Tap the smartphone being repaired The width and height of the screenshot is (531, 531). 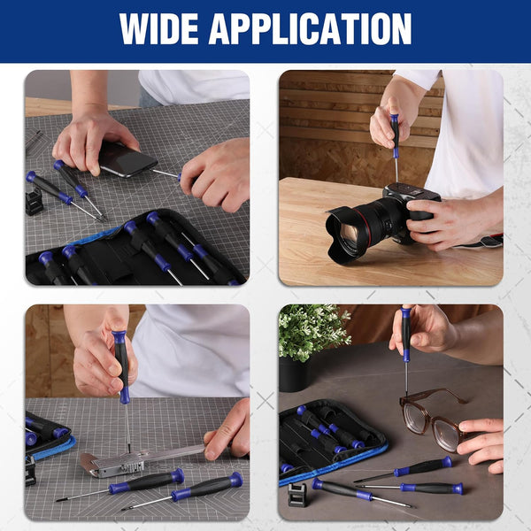pos(127,159)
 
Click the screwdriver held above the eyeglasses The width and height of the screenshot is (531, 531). pos(405,341)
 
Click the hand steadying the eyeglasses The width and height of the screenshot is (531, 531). pos(483,439)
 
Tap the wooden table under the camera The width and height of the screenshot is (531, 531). pos(389,265)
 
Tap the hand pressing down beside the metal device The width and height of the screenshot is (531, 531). pos(229,430)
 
